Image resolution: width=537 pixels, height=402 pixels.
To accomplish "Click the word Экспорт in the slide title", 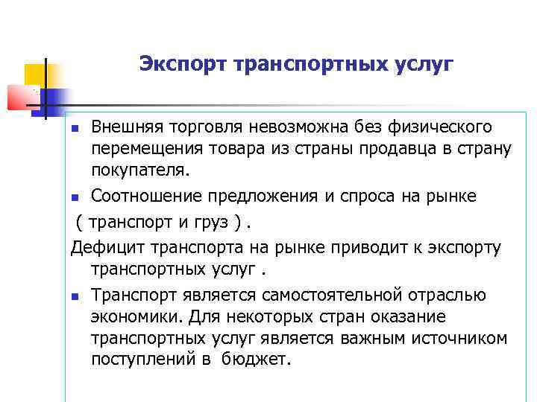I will coord(183,65).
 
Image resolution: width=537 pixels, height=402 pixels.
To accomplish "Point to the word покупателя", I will coord(141,170).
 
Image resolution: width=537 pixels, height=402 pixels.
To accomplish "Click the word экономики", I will coord(137,317).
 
